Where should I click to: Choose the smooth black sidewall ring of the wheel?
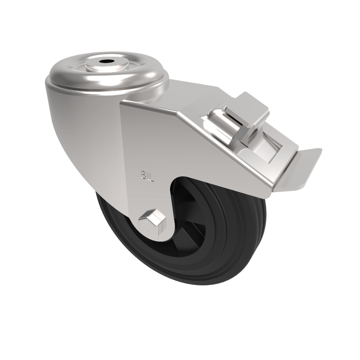pos(130,252)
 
